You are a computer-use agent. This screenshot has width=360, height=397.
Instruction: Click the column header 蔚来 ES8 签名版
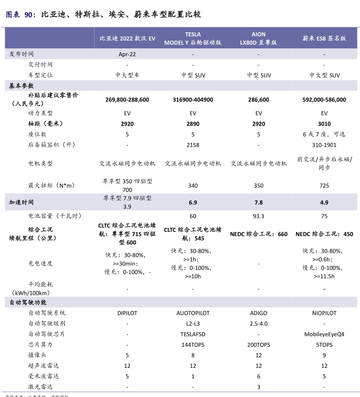(324, 38)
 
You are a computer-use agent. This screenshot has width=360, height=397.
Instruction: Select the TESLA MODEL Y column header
(193, 38)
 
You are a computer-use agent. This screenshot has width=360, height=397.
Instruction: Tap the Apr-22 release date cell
(127, 54)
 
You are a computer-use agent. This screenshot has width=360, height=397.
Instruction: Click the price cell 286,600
(259, 99)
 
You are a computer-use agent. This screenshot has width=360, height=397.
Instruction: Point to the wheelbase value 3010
(324, 124)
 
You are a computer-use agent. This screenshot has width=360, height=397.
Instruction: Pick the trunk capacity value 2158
(193, 145)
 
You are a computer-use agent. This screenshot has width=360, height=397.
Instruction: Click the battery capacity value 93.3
(259, 216)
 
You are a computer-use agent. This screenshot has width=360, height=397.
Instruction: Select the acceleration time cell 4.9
(324, 203)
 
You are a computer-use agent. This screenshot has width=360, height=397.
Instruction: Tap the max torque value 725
(324, 186)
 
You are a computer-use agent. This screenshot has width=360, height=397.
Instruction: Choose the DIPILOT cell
(127, 313)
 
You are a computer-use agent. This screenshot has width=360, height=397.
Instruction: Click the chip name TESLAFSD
(193, 334)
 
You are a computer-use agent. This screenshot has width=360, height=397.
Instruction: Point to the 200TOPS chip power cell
(259, 345)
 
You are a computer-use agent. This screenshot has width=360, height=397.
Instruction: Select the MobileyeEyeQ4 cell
(324, 334)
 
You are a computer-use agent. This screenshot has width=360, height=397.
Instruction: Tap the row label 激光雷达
(40, 387)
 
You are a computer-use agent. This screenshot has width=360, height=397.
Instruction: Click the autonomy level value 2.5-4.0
(259, 324)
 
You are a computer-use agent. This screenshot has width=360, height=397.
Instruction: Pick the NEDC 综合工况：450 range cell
(324, 234)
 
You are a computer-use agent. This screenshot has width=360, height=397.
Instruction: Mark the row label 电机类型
(40, 163)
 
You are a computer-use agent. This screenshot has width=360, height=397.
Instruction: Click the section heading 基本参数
(21, 86)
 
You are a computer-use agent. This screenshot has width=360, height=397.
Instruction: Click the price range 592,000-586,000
(324, 99)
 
